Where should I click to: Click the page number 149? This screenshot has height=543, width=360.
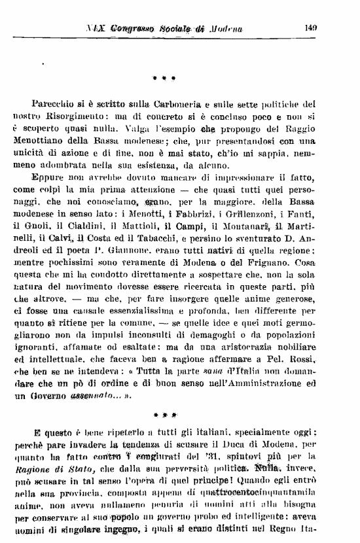[x=311, y=27]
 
